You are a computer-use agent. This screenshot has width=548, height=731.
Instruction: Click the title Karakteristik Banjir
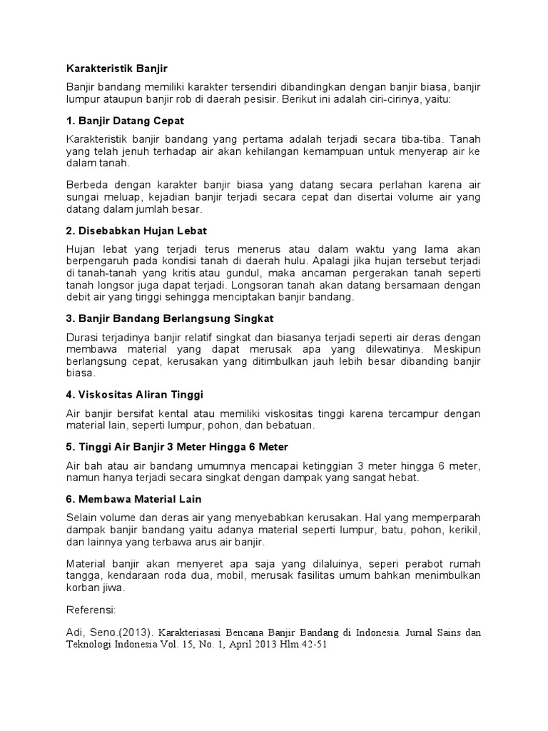(116, 69)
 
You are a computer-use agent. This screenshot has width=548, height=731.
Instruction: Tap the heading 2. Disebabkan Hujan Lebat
(136, 231)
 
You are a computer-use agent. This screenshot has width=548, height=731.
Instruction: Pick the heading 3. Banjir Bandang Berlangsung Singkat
(170, 318)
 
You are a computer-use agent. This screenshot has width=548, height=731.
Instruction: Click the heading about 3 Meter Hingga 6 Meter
(177, 447)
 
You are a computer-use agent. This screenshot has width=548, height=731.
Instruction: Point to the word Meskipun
(458, 349)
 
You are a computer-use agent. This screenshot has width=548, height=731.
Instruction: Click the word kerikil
(464, 530)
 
